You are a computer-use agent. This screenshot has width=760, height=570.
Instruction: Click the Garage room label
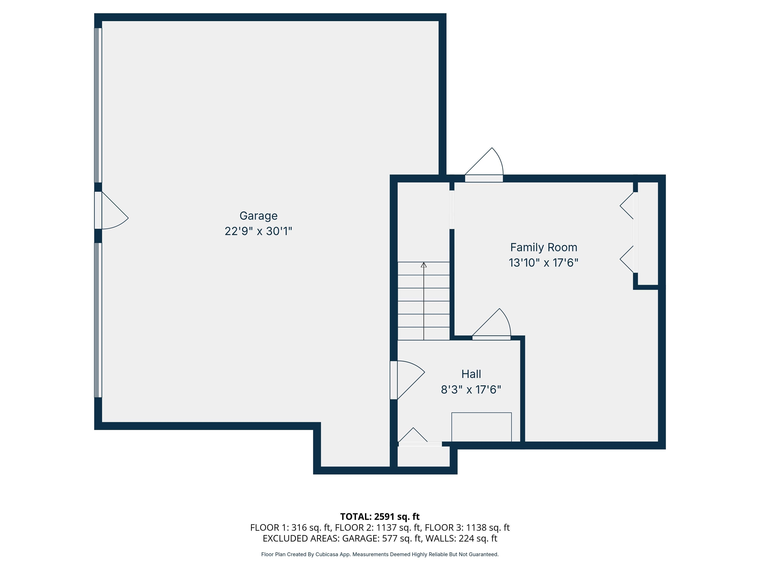pyautogui.click(x=258, y=216)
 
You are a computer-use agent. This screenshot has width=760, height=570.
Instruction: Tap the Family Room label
pyautogui.click(x=544, y=247)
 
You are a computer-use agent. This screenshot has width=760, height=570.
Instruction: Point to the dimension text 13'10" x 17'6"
pyautogui.click(x=544, y=263)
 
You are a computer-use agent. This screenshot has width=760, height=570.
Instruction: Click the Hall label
pyautogui.click(x=471, y=374)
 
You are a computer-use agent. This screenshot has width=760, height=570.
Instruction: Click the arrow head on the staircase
pyautogui.click(x=424, y=265)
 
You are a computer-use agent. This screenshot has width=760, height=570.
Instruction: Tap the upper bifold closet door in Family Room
pyautogui.click(x=627, y=205)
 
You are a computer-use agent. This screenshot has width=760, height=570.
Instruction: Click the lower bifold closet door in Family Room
pyautogui.click(x=627, y=260)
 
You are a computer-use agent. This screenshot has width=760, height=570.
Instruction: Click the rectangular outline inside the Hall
pyautogui.click(x=481, y=427)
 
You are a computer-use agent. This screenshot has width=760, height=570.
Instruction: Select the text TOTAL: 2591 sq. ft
pyautogui.click(x=380, y=516)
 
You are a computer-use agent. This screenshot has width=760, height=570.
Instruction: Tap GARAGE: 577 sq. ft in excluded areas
pyautogui.click(x=382, y=538)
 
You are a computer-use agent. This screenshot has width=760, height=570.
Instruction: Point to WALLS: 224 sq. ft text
pyautogui.click(x=461, y=538)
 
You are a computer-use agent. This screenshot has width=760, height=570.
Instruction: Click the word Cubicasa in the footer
pyautogui.click(x=327, y=554)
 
